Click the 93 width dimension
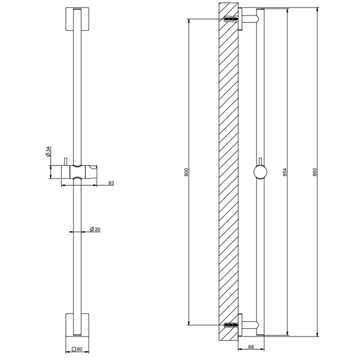pos(111,183)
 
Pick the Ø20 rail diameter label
pos(95,229)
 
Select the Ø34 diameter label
pos(47,152)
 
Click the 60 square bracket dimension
pos(80,349)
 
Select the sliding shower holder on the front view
pos(82,171)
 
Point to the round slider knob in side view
pos(260,172)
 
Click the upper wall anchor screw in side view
pos(232,20)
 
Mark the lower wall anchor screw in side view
pos(232,325)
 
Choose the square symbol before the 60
pos(74,349)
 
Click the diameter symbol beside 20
pos(91,229)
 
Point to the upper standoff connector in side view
pos(249,20)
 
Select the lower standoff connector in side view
pos(249,325)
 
